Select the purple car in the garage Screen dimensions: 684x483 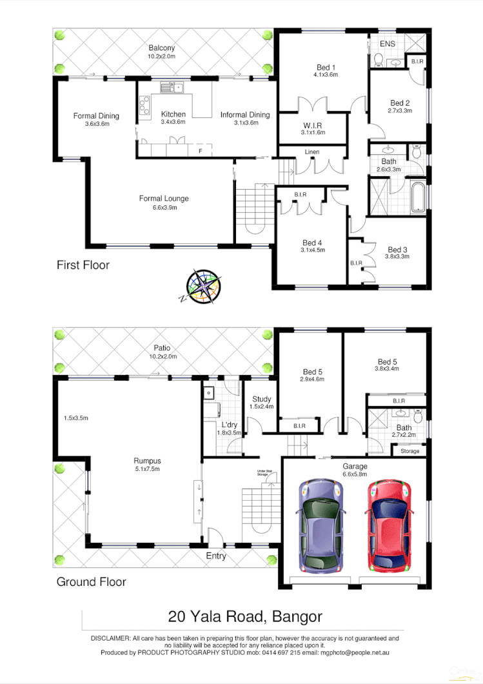tap(318, 525)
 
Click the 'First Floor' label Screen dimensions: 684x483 tap(83, 265)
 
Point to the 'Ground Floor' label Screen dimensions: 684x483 tap(91, 581)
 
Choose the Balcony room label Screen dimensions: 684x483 tap(161, 48)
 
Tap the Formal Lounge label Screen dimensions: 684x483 tap(164, 198)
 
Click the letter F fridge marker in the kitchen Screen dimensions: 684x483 tap(201, 151)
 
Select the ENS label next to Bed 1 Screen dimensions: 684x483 tap(388, 44)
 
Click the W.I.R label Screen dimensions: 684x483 tap(313, 125)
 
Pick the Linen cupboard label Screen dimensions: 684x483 tap(313, 152)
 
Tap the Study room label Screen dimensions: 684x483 tap(262, 399)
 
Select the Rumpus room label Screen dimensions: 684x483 tap(147, 461)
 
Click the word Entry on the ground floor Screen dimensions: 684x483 tap(216, 556)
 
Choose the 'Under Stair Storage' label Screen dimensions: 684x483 tap(266, 473)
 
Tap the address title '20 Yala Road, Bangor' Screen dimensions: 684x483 tap(245, 616)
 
